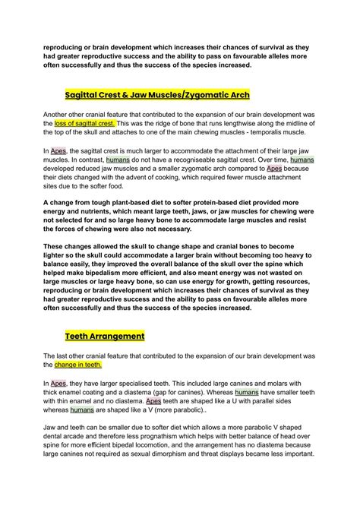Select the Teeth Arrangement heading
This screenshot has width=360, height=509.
(106, 335)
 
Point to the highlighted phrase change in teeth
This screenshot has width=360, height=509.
(78, 364)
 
